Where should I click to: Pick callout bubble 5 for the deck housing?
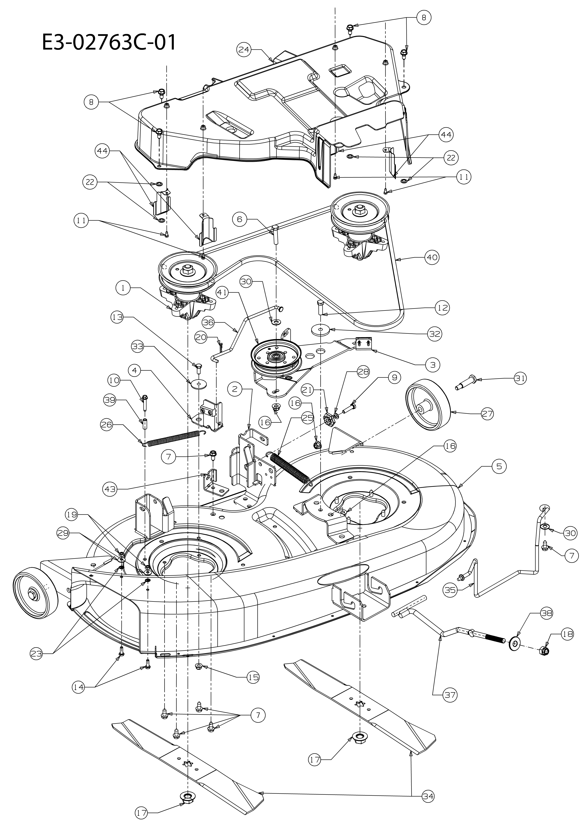[499, 466]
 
